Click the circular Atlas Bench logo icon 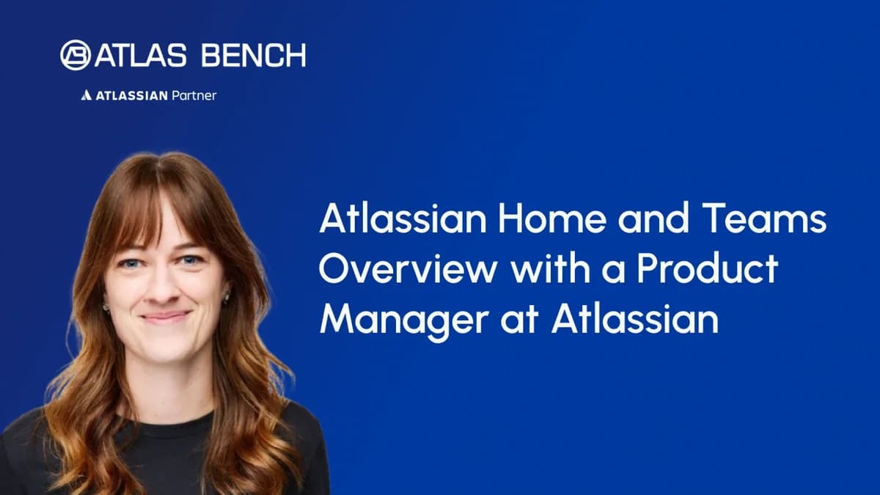[76, 55]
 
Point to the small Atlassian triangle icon [86, 95]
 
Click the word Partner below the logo [194, 95]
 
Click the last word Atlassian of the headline [635, 320]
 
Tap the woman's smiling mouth [164, 317]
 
